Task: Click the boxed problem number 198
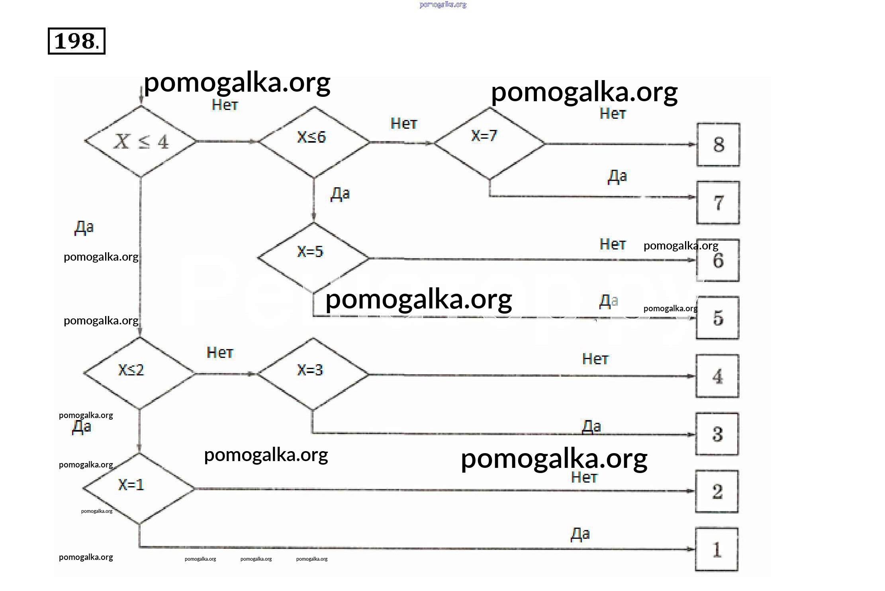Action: [76, 41]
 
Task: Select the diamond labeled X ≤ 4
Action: [141, 141]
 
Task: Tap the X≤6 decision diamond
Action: [314, 141]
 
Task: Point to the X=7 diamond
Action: [489, 143]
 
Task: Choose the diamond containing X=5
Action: [313, 257]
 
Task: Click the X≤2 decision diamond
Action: [139, 373]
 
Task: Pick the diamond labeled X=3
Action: [313, 374]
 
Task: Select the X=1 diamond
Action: [139, 488]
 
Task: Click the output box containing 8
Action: [718, 145]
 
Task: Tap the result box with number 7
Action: [718, 203]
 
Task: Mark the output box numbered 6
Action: [718, 261]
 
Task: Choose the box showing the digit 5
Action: [718, 318]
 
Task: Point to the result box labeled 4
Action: [717, 376]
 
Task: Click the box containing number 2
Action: [717, 491]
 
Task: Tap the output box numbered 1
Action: [717, 550]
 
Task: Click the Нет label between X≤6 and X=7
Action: [404, 124]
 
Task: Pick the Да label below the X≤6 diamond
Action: [340, 194]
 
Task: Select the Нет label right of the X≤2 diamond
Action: [220, 353]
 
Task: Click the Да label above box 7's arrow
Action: [617, 176]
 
